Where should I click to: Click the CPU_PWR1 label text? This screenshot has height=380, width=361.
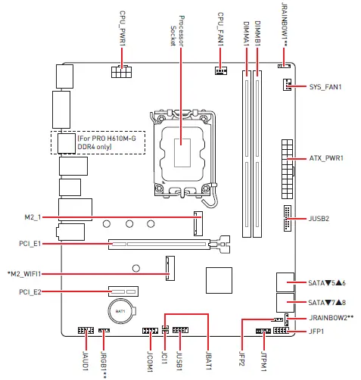click(123, 28)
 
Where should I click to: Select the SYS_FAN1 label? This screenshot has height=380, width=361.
click(325, 87)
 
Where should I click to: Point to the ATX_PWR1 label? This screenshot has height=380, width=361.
click(326, 158)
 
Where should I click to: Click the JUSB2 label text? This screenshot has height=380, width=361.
click(319, 219)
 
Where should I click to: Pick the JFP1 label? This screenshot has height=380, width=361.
click(316, 332)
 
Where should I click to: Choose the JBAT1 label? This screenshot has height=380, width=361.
click(208, 360)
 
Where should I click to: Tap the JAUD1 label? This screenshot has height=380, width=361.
click(86, 361)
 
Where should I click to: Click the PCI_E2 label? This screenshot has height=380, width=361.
click(30, 292)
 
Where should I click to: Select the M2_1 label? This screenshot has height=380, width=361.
click(33, 217)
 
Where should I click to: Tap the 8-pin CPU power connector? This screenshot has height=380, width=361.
click(121, 72)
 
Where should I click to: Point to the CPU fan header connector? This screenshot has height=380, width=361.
click(221, 70)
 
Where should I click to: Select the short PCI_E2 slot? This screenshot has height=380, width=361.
click(123, 291)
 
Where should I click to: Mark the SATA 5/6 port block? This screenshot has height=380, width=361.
click(285, 282)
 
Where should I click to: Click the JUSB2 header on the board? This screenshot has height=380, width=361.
click(288, 218)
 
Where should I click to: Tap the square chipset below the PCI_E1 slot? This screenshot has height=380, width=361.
click(219, 280)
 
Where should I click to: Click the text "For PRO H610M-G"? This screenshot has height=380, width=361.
click(107, 139)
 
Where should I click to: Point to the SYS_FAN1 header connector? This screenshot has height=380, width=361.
click(287, 85)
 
